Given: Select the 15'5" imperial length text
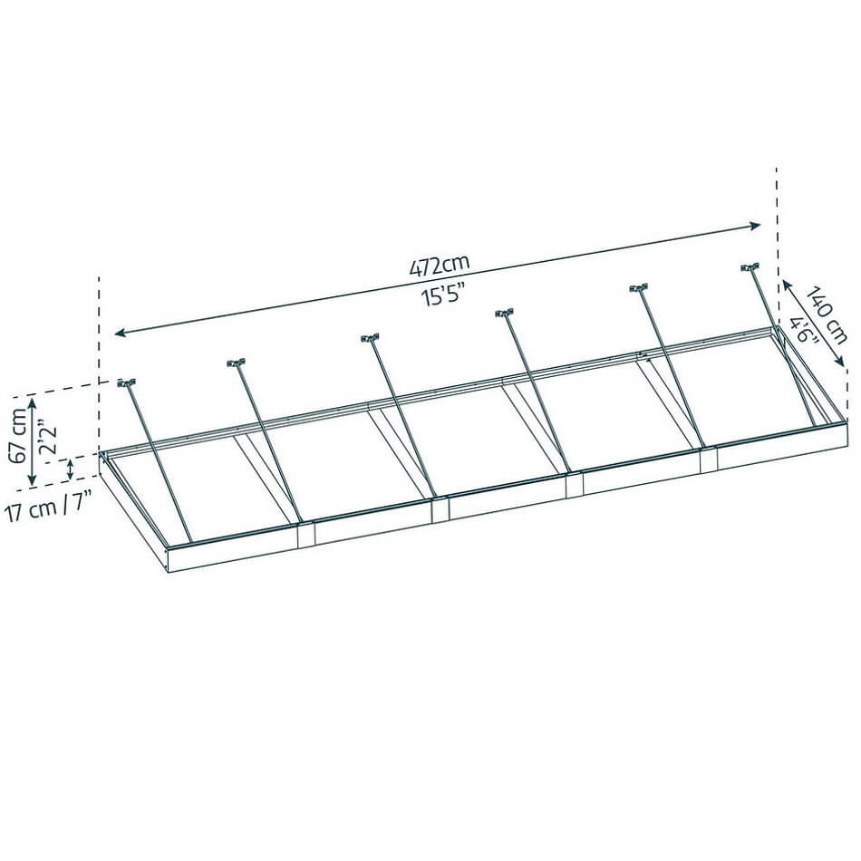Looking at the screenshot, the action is coord(443,296).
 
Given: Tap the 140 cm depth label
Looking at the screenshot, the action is coord(827,314).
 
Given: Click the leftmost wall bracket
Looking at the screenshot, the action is coord(126,382).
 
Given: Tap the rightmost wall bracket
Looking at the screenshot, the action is coord(750,267).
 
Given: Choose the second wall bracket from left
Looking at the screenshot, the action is coord(236,363).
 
